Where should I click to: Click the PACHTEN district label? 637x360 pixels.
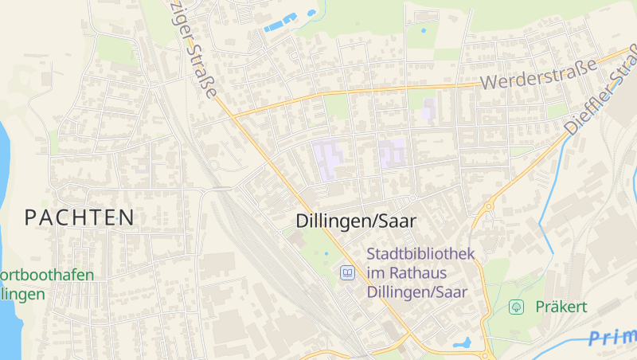coord(79,216)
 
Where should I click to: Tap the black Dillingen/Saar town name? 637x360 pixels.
coord(356,221)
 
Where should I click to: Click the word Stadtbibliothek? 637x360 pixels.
coord(420,254)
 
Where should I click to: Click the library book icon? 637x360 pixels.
coord(347,273)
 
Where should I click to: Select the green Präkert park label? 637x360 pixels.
coord(561,307)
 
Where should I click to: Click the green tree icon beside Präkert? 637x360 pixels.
coord(517,307)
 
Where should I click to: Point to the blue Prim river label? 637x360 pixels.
coord(613,337)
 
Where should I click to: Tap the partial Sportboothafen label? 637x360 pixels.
coord(47,275)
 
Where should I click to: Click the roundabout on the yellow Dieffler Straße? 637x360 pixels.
coord(487,205)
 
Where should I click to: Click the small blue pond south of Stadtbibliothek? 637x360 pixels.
coord(461,343)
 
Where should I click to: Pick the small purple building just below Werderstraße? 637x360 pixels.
coord(429,108)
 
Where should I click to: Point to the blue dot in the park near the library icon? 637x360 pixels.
coord(326,254)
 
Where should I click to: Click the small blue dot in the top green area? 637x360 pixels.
coord(423,30)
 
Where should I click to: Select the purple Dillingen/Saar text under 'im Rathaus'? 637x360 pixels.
coord(416,292)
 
